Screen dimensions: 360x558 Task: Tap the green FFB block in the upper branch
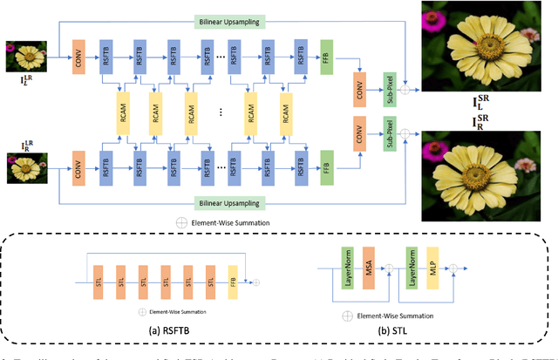point(327,53)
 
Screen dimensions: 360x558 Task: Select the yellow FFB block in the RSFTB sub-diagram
point(232,282)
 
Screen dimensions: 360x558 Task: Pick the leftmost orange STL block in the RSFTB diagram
point(99,282)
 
